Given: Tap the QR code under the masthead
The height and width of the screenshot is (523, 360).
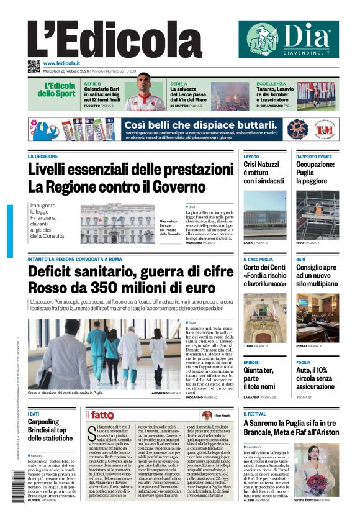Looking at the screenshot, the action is [34, 66].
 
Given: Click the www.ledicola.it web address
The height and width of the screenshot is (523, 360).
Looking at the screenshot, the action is [61, 63].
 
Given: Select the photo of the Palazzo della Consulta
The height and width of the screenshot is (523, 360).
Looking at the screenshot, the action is [117, 224].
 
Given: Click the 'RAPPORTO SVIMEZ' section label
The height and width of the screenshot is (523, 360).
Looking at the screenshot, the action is [313, 157].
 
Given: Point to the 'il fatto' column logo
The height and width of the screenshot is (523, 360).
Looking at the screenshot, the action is [100, 414].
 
